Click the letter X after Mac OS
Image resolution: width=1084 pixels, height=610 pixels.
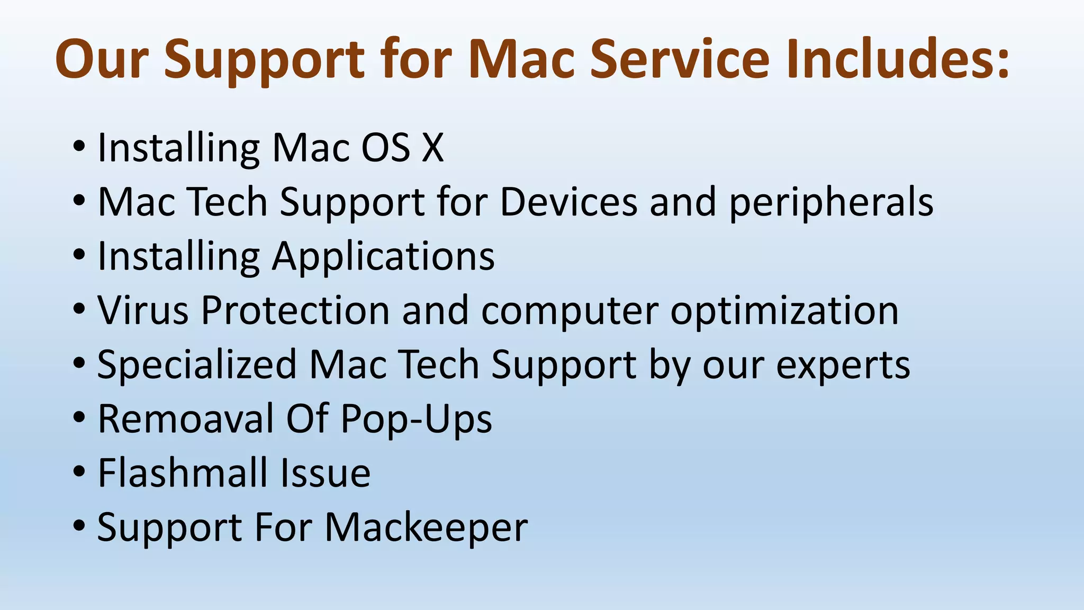click(x=432, y=147)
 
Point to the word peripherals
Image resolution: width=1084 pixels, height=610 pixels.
click(x=831, y=202)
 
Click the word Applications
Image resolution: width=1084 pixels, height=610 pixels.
click(x=383, y=257)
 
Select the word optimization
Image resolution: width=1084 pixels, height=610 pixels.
click(x=784, y=311)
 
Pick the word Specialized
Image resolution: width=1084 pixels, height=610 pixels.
click(x=197, y=365)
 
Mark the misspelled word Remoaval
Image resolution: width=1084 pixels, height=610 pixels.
click(x=186, y=419)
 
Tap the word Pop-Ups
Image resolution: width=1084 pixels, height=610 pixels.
click(x=416, y=420)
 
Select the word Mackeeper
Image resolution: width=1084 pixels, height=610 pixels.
click(x=426, y=528)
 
